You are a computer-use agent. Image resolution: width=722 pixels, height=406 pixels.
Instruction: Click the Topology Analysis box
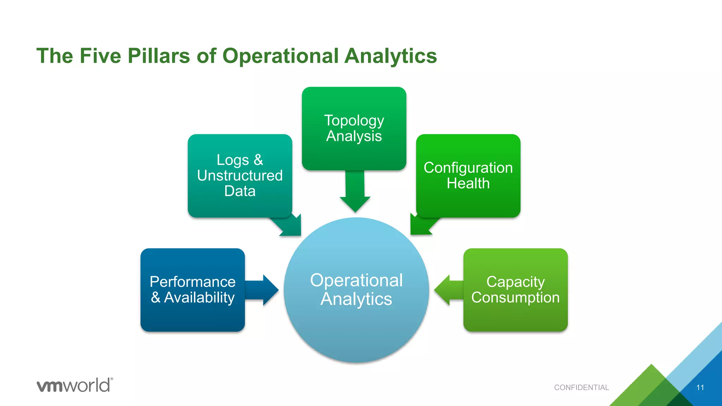354,128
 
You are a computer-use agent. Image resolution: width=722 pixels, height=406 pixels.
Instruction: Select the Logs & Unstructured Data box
240,176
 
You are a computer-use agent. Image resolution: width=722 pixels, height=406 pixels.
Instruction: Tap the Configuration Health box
468,176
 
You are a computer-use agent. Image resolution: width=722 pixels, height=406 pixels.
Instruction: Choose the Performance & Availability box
192,290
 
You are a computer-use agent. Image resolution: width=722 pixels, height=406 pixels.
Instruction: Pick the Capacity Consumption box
515,290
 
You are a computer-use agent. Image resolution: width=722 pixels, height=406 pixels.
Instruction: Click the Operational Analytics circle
356,290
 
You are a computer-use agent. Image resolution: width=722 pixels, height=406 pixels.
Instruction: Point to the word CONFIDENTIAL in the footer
581,387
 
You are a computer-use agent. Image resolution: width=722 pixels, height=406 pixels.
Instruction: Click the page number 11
700,387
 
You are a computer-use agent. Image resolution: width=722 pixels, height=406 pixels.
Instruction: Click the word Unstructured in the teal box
240,176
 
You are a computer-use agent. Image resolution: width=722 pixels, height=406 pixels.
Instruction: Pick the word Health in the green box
468,183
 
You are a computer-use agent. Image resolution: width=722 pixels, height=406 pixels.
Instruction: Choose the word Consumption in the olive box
515,297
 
